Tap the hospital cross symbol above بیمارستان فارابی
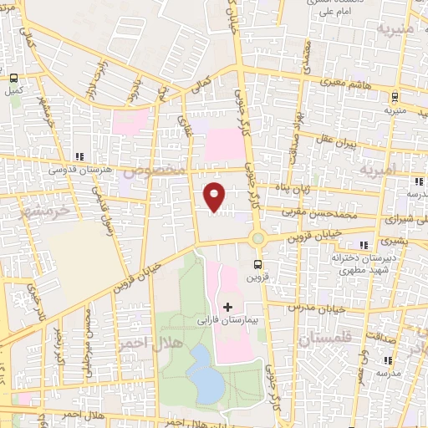227,307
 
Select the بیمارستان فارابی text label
231,319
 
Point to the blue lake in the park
203,374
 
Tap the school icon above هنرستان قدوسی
79,155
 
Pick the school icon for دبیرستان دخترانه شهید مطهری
362,245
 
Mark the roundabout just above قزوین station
257,239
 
